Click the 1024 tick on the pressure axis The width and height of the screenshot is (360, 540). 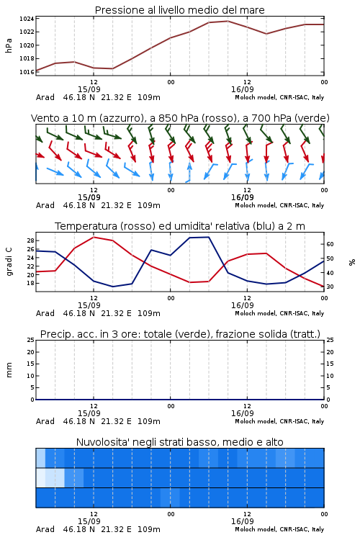click(27, 19)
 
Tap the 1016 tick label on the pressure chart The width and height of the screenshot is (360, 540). click(27, 72)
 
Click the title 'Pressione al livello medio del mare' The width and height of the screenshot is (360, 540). click(180, 10)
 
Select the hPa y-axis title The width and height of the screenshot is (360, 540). click(9, 45)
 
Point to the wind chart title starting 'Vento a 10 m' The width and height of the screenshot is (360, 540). click(180, 118)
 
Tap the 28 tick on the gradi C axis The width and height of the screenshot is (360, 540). click(31, 240)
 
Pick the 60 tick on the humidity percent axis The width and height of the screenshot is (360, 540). click(330, 244)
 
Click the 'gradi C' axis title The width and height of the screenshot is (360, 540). click(9, 262)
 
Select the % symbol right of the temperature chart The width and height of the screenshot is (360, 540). click(352, 262)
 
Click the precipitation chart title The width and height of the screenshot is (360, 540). click(180, 334)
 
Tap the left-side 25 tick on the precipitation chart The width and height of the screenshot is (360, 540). click(31, 340)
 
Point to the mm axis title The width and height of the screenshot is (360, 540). click(9, 370)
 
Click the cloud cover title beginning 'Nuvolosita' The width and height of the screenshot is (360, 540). click(180, 442)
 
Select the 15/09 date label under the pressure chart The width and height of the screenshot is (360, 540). click(89, 89)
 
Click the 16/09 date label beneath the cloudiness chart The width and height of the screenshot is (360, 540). click(243, 521)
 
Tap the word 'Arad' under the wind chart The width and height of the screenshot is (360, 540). click(45, 205)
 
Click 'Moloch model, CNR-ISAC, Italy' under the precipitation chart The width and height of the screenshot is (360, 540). click(279, 421)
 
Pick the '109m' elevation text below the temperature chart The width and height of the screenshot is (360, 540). click(149, 313)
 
